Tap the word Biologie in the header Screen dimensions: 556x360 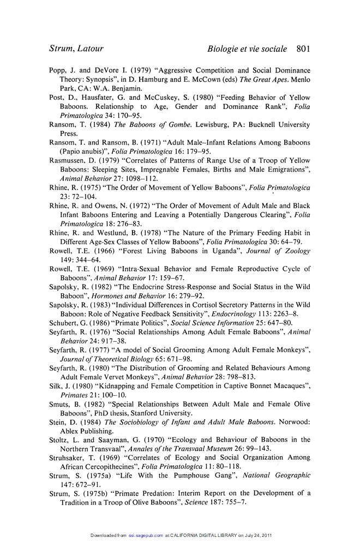coord(225,49)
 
